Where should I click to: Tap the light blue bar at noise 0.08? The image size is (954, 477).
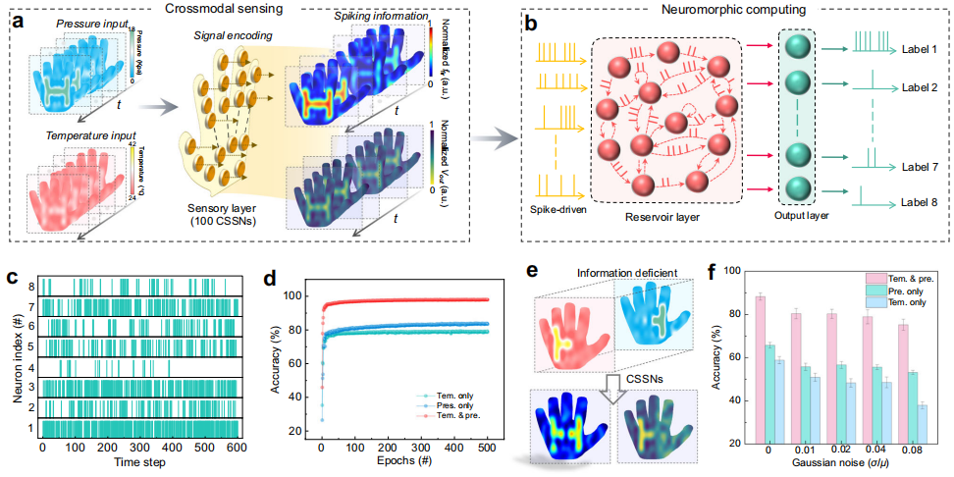pos(923,424)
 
